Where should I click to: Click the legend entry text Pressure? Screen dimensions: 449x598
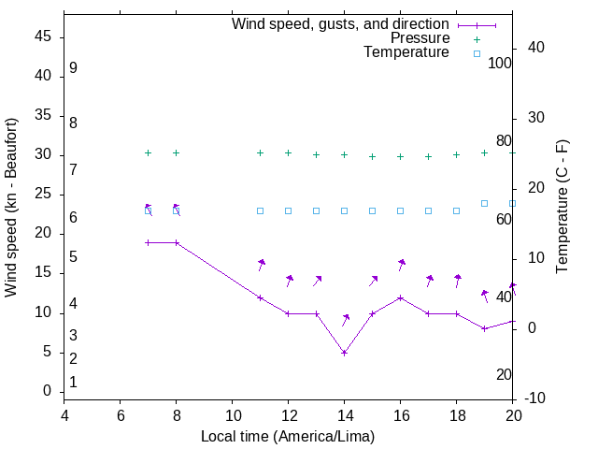(420, 38)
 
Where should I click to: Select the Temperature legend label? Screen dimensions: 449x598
(406, 52)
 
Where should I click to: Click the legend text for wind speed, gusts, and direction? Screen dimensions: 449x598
(341, 24)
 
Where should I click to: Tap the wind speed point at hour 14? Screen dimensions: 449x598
(344, 353)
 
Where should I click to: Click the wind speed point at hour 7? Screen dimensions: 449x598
(148, 242)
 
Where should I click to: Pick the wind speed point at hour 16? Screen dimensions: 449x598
(400, 297)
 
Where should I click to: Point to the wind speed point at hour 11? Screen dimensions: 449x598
(260, 297)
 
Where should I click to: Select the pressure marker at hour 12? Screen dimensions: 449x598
(288, 152)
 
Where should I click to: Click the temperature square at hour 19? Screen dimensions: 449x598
(484, 203)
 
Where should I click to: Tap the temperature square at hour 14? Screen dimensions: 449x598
(344, 210)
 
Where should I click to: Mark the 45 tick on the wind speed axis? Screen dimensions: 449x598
(43, 36)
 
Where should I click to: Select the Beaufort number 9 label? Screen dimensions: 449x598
(73, 68)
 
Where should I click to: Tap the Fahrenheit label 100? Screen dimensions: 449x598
(501, 63)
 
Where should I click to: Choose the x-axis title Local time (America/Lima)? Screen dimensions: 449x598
(288, 436)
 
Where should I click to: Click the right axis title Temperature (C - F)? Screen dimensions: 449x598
(562, 208)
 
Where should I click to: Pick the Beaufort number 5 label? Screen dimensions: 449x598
(73, 257)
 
